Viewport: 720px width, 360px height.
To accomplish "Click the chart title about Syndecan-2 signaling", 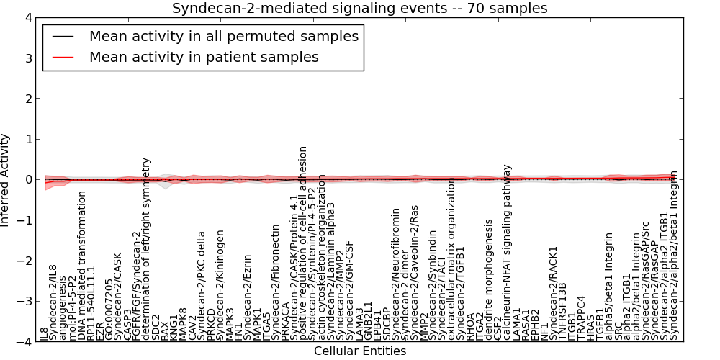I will (359, 9).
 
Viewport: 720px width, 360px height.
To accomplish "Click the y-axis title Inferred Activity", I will (6, 180).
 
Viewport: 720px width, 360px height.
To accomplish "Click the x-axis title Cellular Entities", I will (359, 351).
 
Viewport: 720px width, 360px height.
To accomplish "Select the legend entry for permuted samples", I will (224, 36).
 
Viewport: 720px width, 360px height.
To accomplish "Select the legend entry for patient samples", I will (204, 57).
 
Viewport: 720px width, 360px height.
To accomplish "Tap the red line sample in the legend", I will (63, 57).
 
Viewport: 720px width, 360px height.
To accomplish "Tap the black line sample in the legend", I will (63, 36).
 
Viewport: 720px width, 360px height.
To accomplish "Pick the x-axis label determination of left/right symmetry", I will (147, 249).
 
